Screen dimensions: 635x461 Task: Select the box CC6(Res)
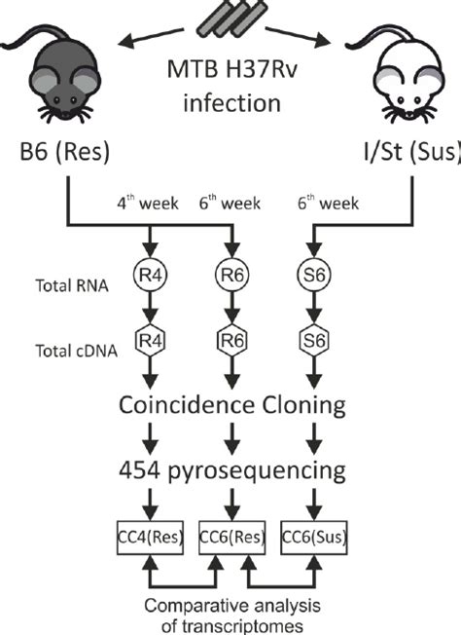pyautogui.click(x=230, y=536)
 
